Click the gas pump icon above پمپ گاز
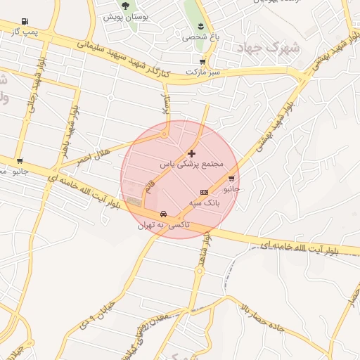point(25,21)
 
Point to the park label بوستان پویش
point(125,16)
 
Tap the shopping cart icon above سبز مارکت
point(202,61)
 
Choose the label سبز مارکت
point(203,72)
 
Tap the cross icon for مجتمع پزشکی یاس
point(191,153)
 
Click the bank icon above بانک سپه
point(205,192)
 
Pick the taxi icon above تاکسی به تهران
point(163,214)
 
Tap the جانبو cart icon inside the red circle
point(231,178)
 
